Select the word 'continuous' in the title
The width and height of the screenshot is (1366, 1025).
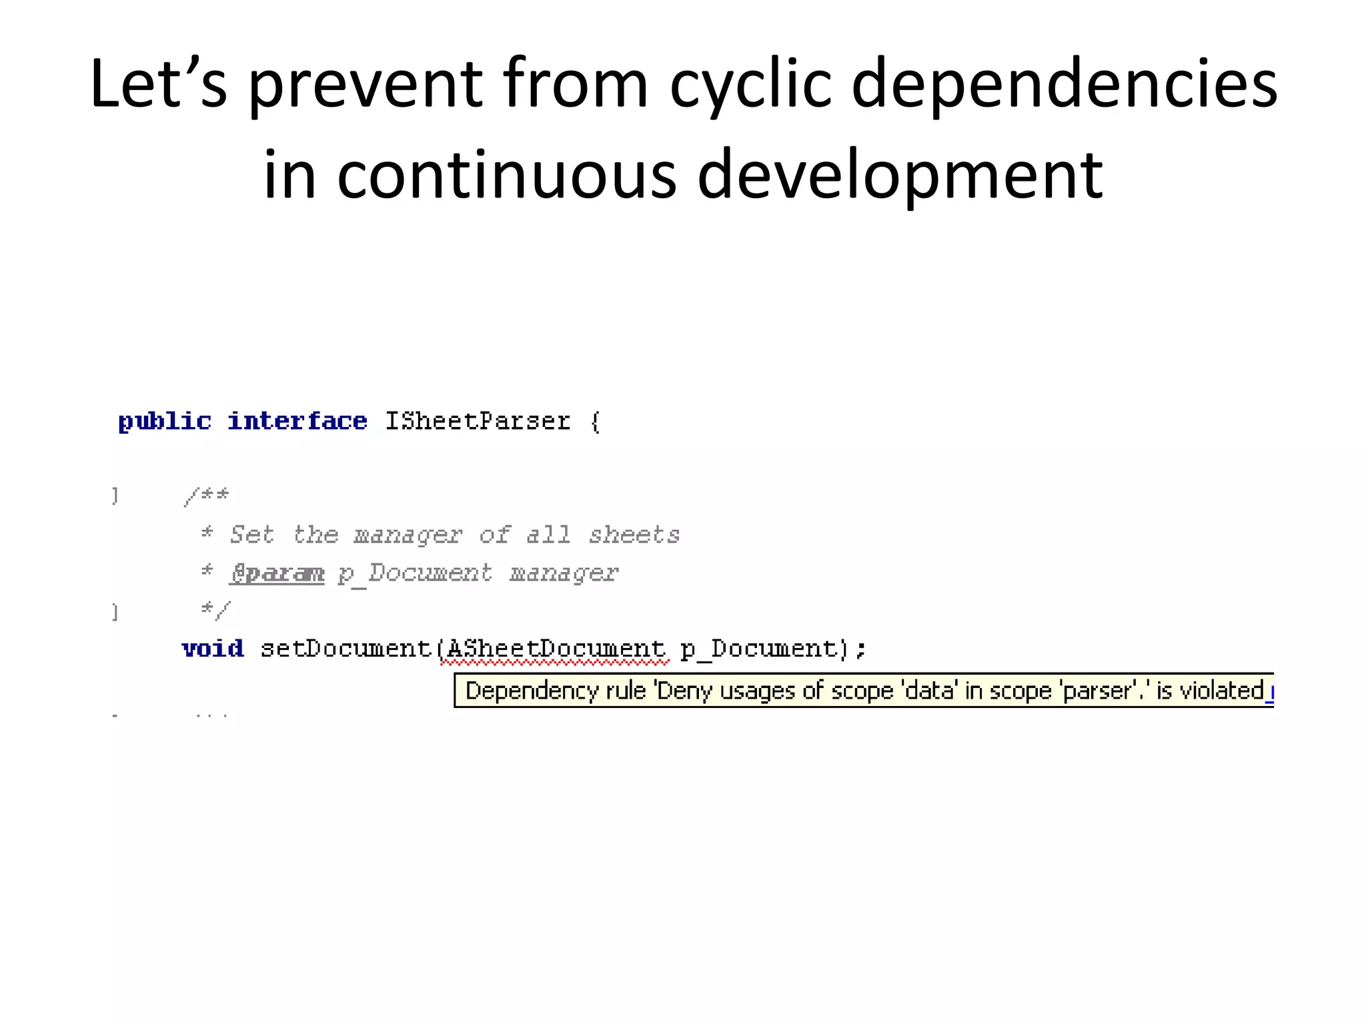click(507, 176)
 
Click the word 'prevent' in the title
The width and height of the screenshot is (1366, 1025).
click(366, 85)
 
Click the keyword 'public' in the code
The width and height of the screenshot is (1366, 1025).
click(165, 422)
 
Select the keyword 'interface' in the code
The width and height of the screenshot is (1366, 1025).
click(297, 422)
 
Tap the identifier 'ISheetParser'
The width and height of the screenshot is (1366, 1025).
click(478, 422)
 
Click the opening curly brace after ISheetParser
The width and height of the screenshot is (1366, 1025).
click(596, 422)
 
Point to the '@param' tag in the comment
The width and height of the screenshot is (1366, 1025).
click(277, 573)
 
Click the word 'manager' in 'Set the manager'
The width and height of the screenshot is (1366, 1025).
click(408, 535)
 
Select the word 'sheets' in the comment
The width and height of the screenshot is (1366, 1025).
click(634, 535)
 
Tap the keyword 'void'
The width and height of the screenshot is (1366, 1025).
click(213, 649)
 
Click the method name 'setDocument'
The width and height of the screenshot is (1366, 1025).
click(346, 649)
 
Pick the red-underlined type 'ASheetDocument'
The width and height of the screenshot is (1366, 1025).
click(556, 649)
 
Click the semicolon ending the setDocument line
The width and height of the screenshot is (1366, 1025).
click(861, 649)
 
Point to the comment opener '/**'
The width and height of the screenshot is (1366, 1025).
click(207, 496)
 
